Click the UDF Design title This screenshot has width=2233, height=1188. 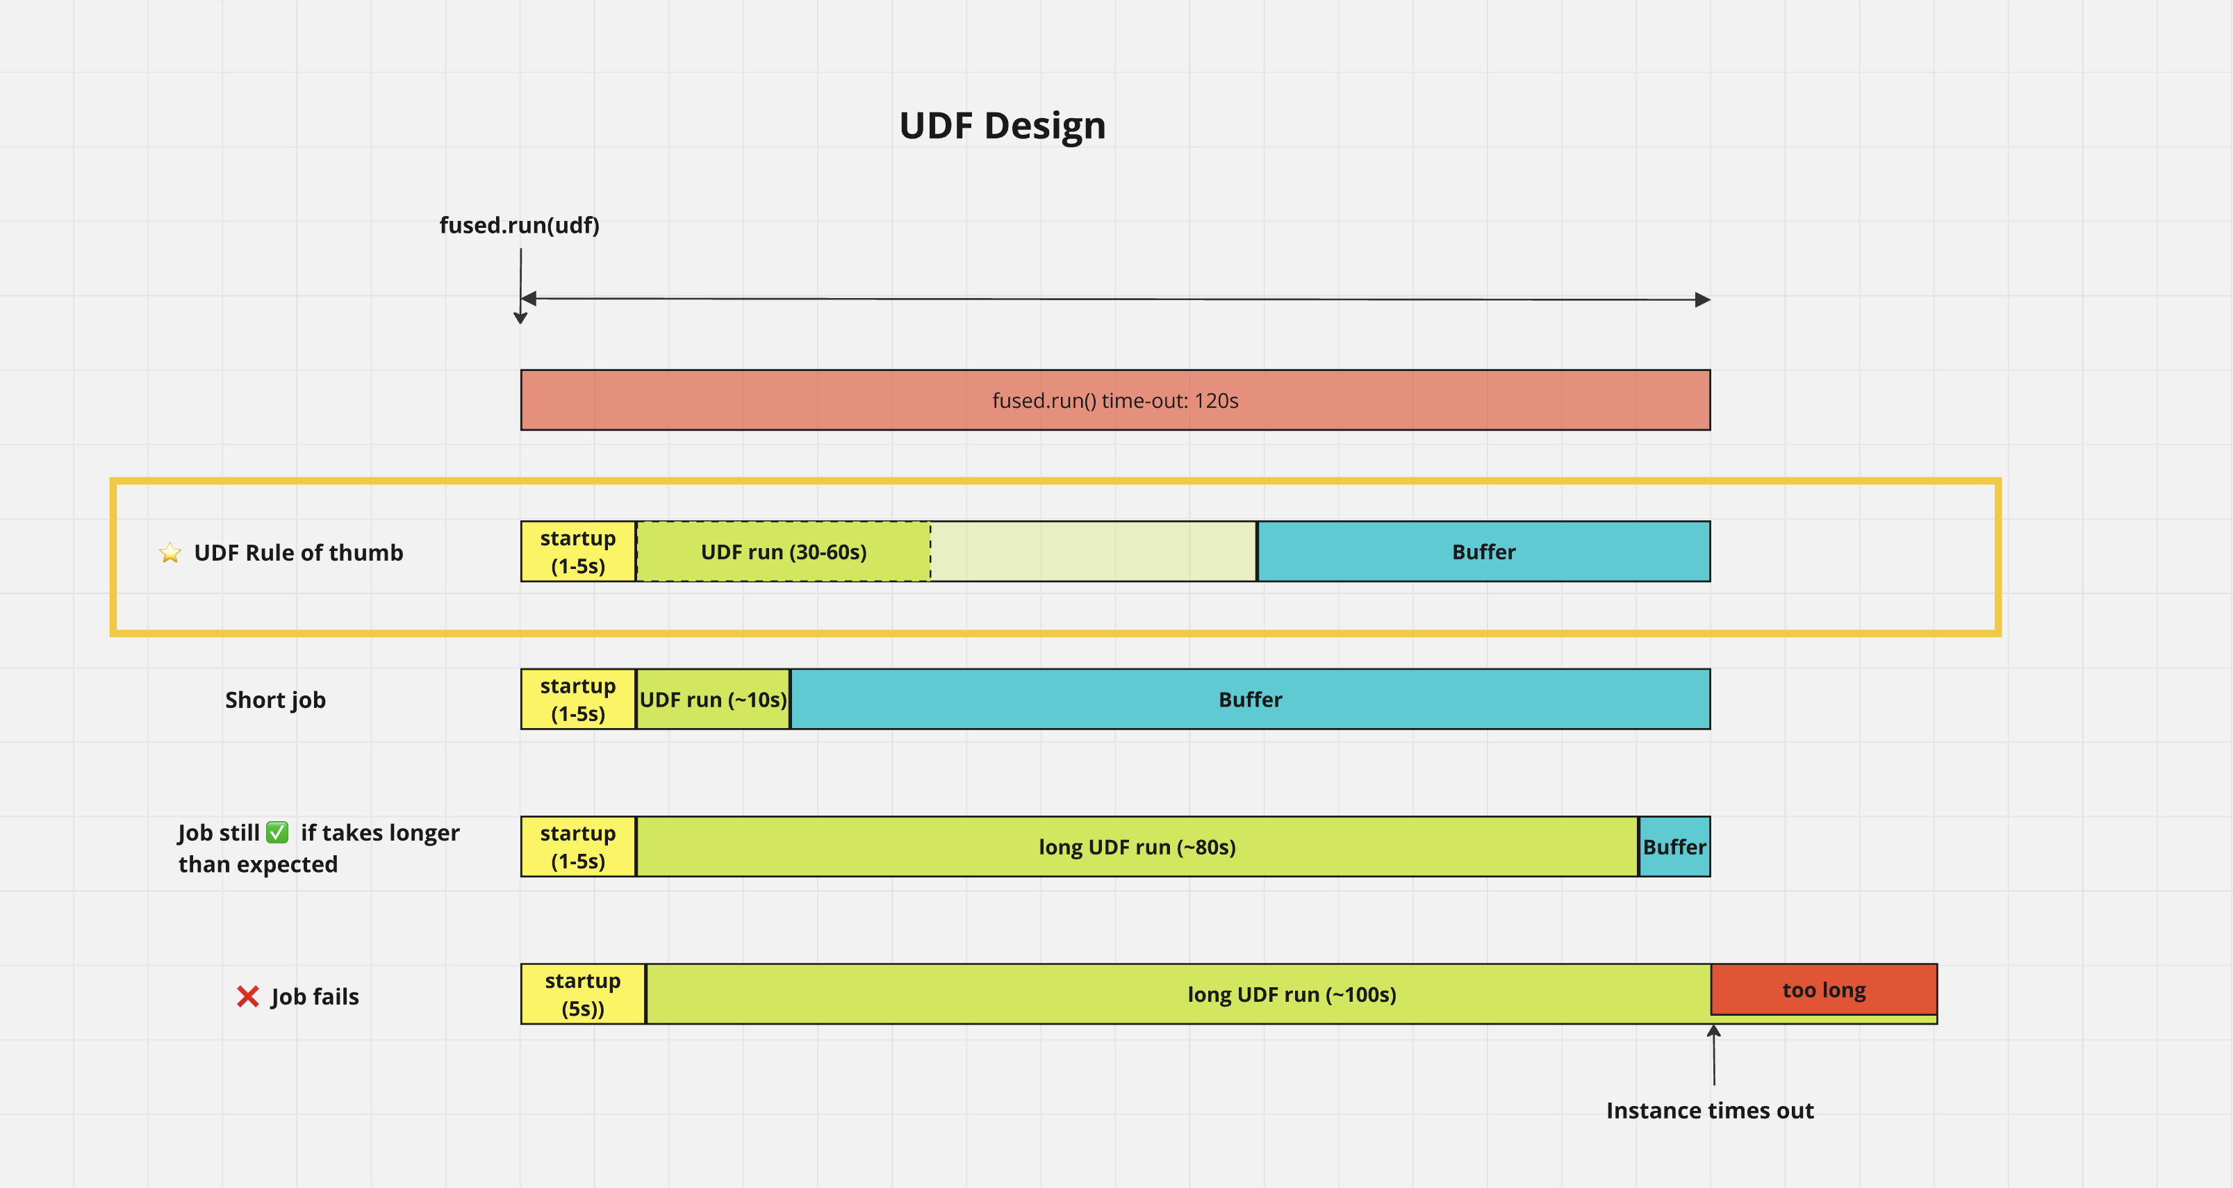click(x=1002, y=126)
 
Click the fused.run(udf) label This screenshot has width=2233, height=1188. click(x=518, y=225)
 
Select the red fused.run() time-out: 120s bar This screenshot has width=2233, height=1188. click(x=1115, y=400)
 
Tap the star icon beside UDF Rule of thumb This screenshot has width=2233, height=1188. click(x=170, y=553)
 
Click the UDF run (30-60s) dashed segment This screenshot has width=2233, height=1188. click(x=783, y=552)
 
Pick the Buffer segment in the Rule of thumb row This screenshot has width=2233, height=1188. click(x=1483, y=552)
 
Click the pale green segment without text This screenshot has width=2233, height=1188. click(x=1093, y=552)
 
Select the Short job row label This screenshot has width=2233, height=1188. click(x=275, y=700)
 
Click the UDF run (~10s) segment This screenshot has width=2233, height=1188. click(x=713, y=700)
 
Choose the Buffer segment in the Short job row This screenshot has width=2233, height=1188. click(x=1249, y=700)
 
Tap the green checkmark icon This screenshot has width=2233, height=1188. click(x=277, y=833)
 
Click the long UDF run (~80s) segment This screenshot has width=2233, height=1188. click(x=1137, y=847)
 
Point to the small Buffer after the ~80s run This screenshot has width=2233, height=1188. click(x=1674, y=847)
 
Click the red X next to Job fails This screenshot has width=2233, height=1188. click(x=248, y=996)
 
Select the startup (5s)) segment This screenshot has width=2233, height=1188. click(x=582, y=994)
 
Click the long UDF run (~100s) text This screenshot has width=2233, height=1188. click(x=1291, y=995)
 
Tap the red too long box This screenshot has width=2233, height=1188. click(x=1823, y=989)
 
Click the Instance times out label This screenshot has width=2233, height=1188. click(x=1708, y=1111)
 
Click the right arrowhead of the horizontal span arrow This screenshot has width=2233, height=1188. click(x=1702, y=300)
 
